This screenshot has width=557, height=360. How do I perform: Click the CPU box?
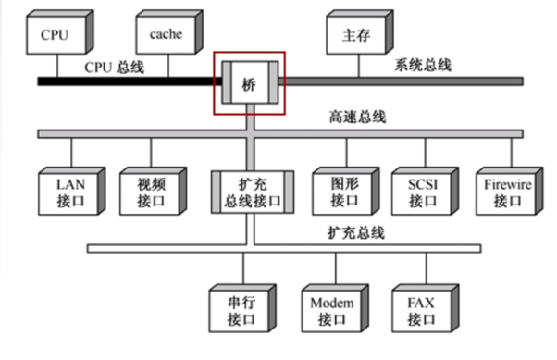point(56,35)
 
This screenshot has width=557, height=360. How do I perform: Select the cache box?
point(166,35)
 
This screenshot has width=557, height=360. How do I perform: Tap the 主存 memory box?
point(355,35)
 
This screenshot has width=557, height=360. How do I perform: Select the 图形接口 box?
point(343,192)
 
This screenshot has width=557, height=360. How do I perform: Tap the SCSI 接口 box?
point(422,192)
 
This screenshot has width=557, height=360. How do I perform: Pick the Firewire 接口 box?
point(507,192)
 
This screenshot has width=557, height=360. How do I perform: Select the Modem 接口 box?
point(331,310)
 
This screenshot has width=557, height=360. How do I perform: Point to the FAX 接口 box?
point(422,310)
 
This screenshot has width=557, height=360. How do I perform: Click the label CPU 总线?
point(114,66)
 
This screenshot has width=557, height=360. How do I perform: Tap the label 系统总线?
point(423,65)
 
